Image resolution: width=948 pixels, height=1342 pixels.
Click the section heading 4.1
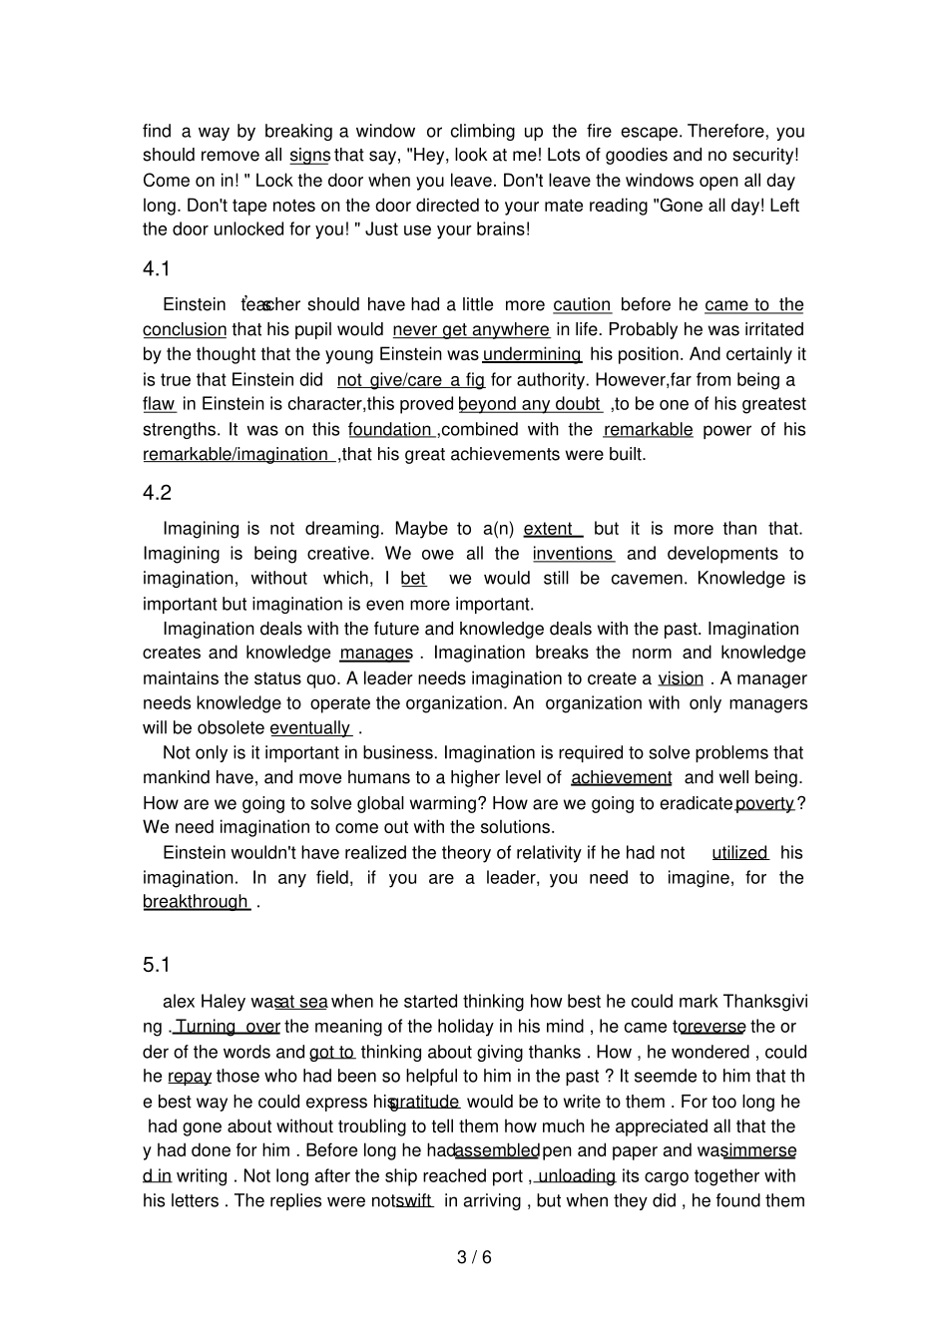(157, 268)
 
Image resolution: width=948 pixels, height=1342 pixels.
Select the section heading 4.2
(157, 493)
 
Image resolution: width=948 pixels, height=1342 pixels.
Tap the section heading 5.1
(157, 964)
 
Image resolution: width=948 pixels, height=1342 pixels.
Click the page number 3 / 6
(474, 1257)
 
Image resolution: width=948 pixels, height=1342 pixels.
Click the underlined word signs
(309, 156)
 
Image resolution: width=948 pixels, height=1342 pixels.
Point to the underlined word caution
(582, 305)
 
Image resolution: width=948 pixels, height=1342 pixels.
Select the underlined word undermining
(532, 354)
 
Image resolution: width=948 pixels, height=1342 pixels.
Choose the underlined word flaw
(159, 404)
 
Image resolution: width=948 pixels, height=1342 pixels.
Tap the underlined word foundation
(390, 430)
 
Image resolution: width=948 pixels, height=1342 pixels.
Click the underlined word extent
(549, 529)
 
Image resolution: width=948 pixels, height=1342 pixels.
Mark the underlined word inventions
(573, 554)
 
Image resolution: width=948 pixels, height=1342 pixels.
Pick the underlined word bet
(413, 579)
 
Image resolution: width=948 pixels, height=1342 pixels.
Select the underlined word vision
(681, 678)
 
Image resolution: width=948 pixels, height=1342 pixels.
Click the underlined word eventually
(310, 728)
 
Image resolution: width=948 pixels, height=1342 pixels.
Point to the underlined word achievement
(621, 777)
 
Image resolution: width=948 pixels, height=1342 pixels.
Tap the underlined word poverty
(764, 803)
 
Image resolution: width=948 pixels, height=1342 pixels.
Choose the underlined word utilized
(739, 853)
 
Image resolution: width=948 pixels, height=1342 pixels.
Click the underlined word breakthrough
(196, 902)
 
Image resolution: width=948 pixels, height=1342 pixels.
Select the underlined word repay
(190, 1077)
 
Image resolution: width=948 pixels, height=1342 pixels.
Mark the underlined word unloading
(576, 1176)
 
